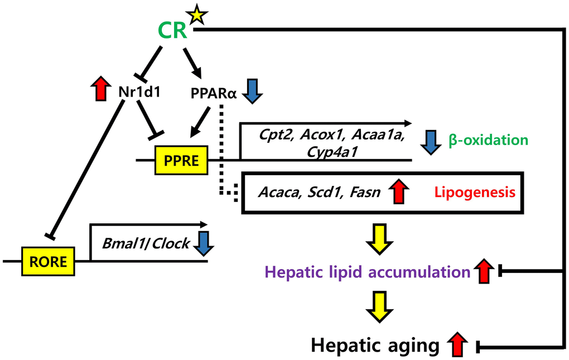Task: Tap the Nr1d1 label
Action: click(140, 92)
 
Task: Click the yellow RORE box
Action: click(49, 261)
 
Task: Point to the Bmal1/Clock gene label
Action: click(146, 244)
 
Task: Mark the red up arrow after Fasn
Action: click(401, 193)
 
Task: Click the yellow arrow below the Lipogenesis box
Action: click(382, 238)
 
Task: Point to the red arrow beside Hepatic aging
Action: click(457, 344)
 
